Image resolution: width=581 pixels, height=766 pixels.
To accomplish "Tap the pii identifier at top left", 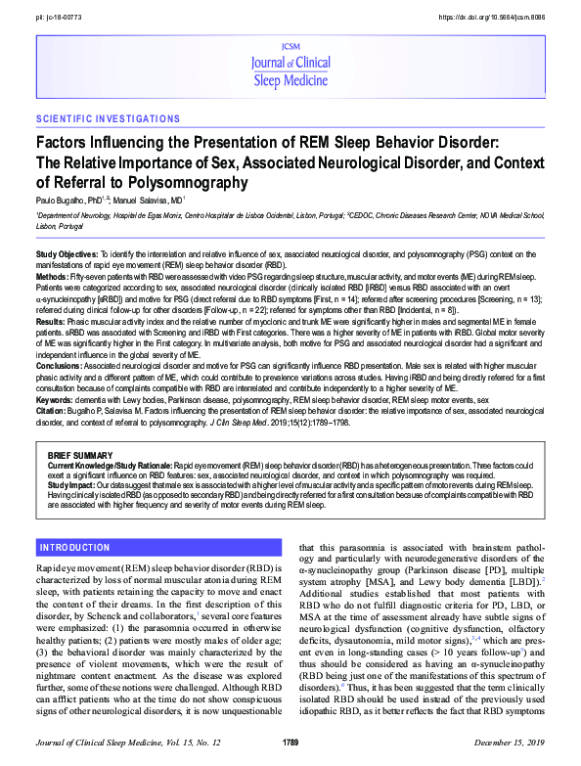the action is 60,18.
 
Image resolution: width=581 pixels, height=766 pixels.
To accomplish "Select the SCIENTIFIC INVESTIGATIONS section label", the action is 108,119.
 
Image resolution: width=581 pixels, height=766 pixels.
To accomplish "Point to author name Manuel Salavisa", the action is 144,200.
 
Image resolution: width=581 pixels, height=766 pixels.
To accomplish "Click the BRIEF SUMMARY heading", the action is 82,456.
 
